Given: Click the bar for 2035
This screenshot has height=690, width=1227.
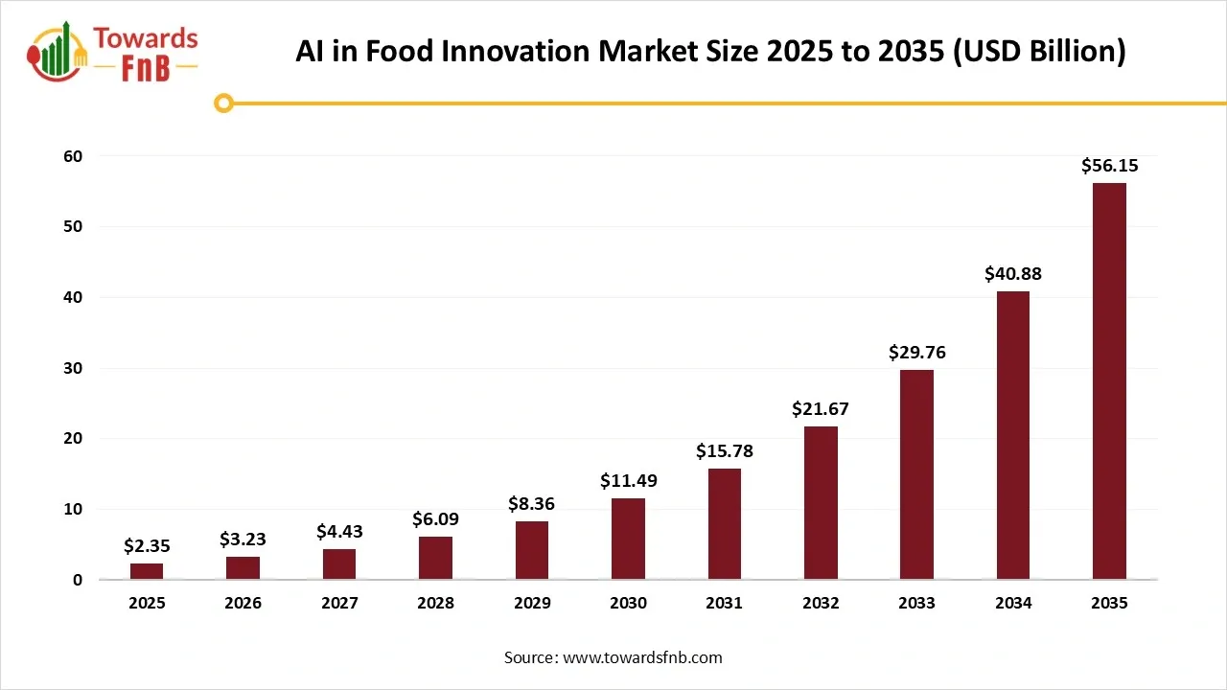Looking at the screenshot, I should pyautogui.click(x=1109, y=380).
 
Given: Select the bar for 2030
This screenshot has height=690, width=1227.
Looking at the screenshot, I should pyautogui.click(x=628, y=539).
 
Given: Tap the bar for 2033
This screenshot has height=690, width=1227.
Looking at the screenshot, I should pyautogui.click(x=916, y=474).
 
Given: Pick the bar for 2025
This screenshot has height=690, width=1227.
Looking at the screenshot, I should pyautogui.click(x=147, y=571).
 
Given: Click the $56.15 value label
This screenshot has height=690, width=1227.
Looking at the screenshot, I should pyautogui.click(x=1109, y=166).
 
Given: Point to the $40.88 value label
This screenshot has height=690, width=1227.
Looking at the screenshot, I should pyautogui.click(x=1012, y=274).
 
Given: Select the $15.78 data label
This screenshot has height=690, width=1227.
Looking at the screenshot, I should pyautogui.click(x=725, y=451).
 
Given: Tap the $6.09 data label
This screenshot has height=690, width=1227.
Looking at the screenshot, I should pyautogui.click(x=435, y=519).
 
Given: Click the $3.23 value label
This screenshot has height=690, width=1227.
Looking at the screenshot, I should pyautogui.click(x=243, y=540).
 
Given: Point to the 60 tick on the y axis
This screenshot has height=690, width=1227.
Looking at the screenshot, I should pyautogui.click(x=74, y=156).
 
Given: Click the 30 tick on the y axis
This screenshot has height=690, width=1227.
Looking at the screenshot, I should pyautogui.click(x=74, y=368).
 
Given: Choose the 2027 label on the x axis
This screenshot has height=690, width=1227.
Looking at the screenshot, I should pyautogui.click(x=339, y=604).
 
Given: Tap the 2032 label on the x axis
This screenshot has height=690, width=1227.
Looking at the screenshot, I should pyautogui.click(x=821, y=604).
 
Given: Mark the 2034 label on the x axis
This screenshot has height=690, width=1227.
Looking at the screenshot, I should pyautogui.click(x=1013, y=604).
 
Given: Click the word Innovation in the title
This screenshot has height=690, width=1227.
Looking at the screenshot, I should pyautogui.click(x=514, y=51).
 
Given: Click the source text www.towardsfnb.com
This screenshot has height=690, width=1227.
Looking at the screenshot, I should pyautogui.click(x=642, y=657).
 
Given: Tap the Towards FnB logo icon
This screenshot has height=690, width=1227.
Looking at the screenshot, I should pyautogui.click(x=57, y=51).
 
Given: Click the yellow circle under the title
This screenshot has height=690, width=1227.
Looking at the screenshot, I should pyautogui.click(x=223, y=103).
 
